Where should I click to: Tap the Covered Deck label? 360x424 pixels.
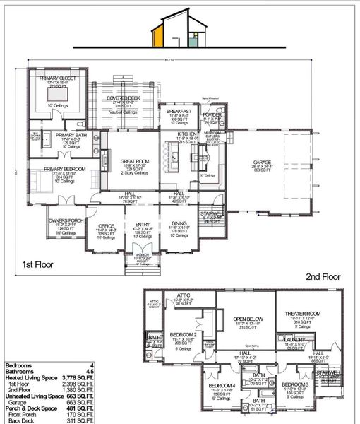click(x=128, y=99)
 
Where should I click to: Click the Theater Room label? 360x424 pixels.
click(x=303, y=313)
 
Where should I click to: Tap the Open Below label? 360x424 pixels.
click(x=247, y=319)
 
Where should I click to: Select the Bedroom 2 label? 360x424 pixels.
click(x=183, y=334)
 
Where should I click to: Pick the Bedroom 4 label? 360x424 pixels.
click(x=220, y=385)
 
